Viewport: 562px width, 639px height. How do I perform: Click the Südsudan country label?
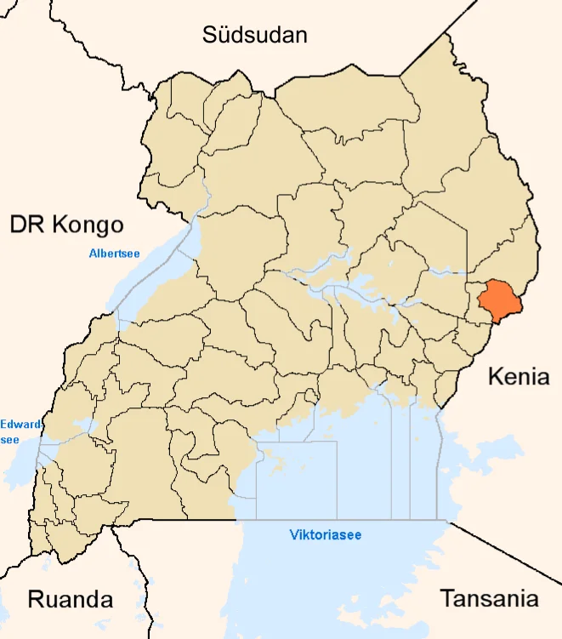[x=254, y=35]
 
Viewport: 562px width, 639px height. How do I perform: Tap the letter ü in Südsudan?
[x=224, y=35]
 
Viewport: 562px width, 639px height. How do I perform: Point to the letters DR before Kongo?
[x=26, y=225]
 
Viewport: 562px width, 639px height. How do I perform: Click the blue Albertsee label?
[x=114, y=253]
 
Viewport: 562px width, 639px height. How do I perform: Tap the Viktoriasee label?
[x=325, y=535]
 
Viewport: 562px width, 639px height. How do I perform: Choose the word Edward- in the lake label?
[x=17, y=424]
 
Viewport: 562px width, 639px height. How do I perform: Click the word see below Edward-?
[x=10, y=439]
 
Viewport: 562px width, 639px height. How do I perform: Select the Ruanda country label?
[x=71, y=598]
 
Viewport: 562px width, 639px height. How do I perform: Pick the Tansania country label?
[x=489, y=598]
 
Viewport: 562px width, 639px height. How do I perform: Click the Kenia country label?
[x=519, y=376]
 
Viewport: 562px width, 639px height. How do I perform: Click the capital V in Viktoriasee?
[x=293, y=535]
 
